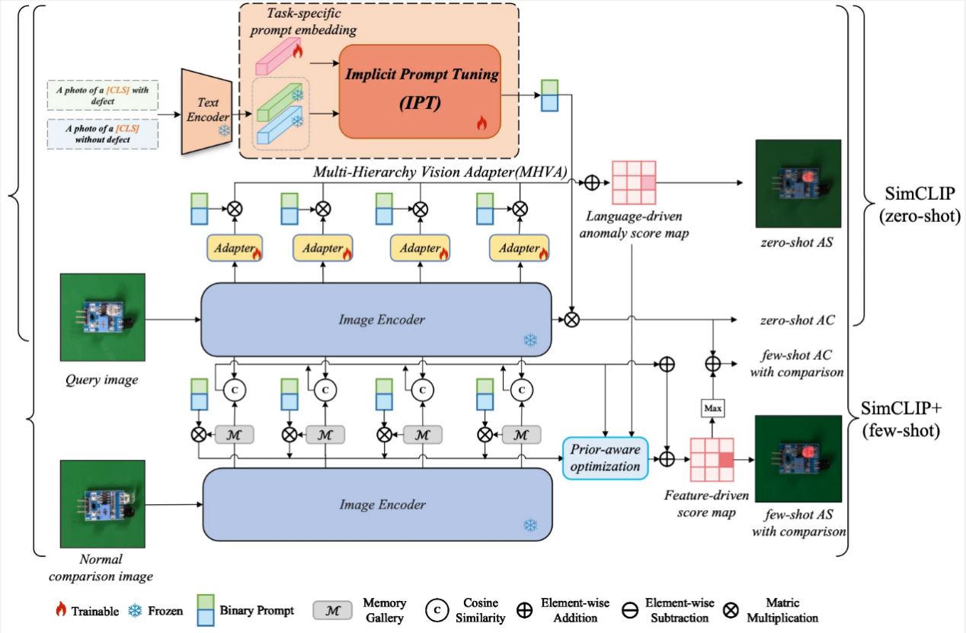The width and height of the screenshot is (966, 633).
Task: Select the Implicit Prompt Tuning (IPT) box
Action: [x=421, y=91]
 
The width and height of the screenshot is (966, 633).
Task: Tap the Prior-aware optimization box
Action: [x=604, y=458]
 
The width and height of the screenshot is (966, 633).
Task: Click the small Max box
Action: [x=712, y=409]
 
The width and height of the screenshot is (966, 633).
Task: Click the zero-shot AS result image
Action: [x=798, y=184]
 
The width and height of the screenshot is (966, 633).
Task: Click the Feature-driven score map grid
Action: [x=712, y=460]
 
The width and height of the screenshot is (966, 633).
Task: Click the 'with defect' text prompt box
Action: [x=102, y=95]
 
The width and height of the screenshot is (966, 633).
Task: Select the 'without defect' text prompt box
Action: [x=102, y=133]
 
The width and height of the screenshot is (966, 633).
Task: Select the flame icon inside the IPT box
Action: [x=481, y=123]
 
